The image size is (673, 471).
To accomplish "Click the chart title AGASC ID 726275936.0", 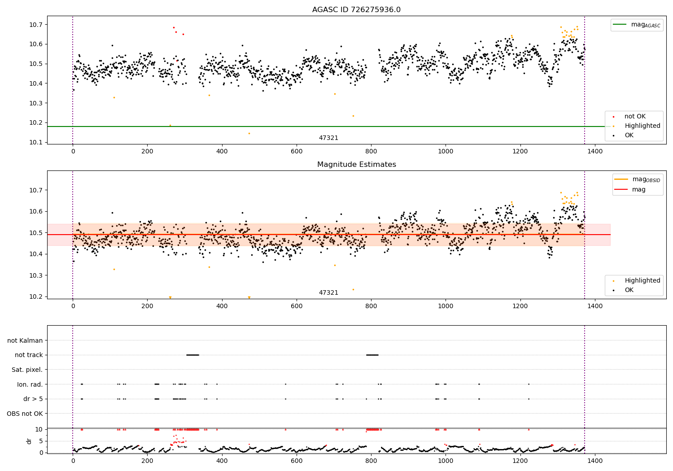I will click(356, 10).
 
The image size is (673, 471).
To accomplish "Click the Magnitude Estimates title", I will click(356, 165).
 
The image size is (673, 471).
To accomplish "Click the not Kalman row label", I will click(25, 341).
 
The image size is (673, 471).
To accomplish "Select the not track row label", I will click(29, 355).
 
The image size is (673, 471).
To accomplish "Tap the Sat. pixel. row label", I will click(27, 370).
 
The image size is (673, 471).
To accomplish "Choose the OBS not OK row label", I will click(25, 414).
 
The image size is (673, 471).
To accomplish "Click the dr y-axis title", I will click(29, 441).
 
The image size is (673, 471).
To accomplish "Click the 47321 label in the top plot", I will click(328, 138).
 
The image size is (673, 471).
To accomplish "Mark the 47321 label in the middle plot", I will click(328, 293).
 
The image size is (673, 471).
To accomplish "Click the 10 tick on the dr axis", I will click(39, 430).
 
